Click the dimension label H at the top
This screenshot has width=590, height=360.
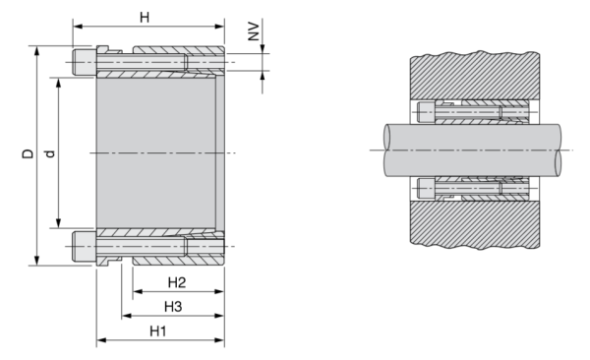pyautogui.click(x=145, y=18)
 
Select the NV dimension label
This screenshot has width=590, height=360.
pyautogui.click(x=254, y=31)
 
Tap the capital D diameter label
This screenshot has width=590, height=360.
pyautogui.click(x=28, y=153)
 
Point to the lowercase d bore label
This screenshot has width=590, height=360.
pyautogui.click(x=50, y=153)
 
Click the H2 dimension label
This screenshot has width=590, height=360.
pyautogui.click(x=177, y=282)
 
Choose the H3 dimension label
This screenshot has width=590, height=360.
pyautogui.click(x=173, y=307)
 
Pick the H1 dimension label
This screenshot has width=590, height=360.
pyautogui.click(x=158, y=331)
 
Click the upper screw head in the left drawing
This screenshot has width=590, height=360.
pyautogui.click(x=85, y=62)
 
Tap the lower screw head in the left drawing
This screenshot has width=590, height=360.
pyautogui.click(x=85, y=246)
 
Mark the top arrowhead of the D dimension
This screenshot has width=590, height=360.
pyautogui.click(x=36, y=51)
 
